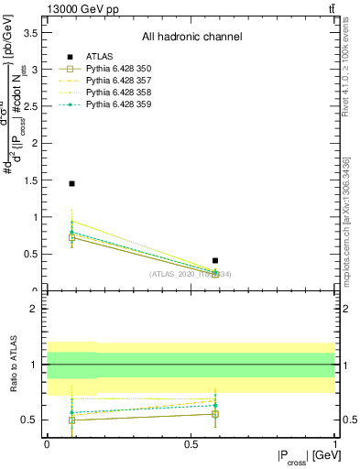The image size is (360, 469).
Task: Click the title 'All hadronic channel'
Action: click(x=191, y=37)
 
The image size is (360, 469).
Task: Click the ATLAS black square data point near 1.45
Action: click(x=71, y=184)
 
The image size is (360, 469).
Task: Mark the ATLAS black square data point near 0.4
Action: click(x=215, y=261)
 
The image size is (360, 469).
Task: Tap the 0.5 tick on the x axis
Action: click(x=191, y=442)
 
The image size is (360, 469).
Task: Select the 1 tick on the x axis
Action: click(x=334, y=442)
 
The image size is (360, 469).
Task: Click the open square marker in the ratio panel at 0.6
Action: click(x=215, y=414)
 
